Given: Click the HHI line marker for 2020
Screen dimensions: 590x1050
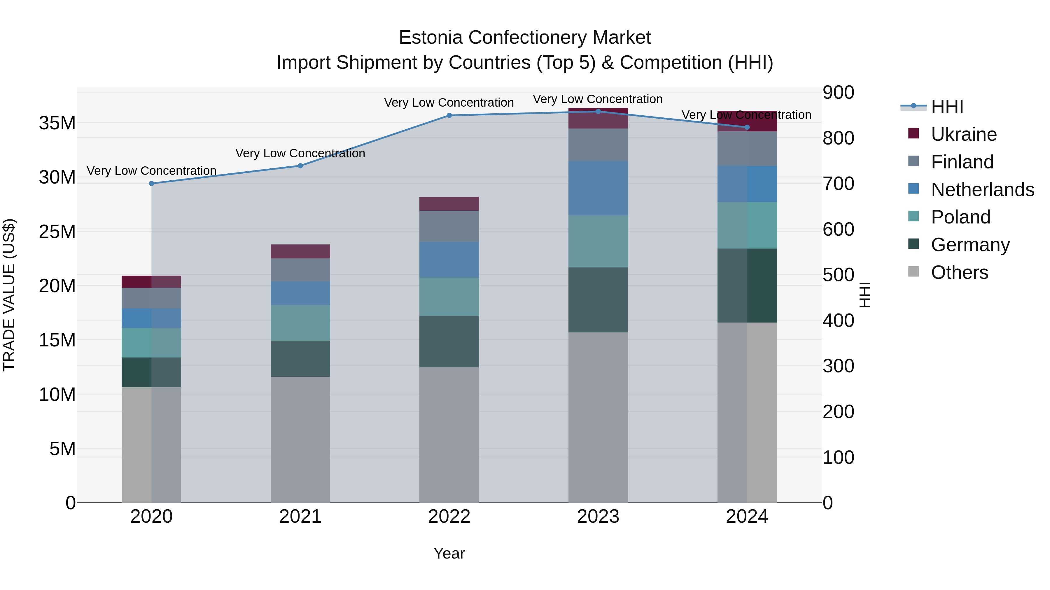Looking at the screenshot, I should [x=152, y=184].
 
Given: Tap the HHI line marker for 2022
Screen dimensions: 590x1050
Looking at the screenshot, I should [x=449, y=116].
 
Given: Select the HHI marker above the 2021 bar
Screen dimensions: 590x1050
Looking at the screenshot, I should [x=300, y=166].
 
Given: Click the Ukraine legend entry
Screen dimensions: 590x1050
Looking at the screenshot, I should [x=964, y=134].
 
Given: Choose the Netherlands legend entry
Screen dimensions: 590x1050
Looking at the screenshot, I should [x=982, y=190].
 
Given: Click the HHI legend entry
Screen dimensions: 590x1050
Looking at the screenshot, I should [x=947, y=107].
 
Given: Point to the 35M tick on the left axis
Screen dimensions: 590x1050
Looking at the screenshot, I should [x=57, y=123].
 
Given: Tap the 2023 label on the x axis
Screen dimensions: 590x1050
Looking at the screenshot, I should [x=598, y=517].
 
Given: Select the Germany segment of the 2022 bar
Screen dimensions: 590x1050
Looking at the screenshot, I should [x=449, y=342].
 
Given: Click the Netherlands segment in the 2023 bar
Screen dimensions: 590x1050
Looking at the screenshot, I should [x=598, y=188].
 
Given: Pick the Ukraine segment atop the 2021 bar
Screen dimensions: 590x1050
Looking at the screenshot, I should [x=300, y=252].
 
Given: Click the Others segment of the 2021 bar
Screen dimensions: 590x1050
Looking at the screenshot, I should [x=300, y=439].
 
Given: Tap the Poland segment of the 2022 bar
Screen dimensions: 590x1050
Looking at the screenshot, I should [x=449, y=297].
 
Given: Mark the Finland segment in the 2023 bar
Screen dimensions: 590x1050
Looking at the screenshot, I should [x=598, y=145].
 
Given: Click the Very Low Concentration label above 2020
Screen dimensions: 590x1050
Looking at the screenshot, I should [x=152, y=171].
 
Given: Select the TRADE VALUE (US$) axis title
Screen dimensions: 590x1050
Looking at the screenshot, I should [x=9, y=295].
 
